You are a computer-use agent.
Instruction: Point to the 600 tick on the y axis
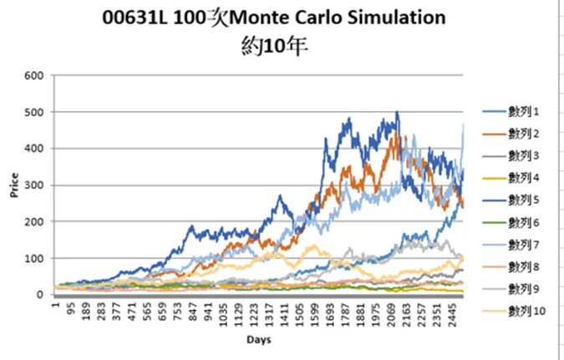pos(34,75)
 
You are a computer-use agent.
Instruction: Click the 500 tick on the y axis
pos(34,112)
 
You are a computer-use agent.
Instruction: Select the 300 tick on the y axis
pos(34,185)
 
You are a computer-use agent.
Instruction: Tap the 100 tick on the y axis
pos(34,258)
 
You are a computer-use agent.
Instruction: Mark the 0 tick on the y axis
pos(40,295)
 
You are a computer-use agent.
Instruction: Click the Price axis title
pos(14,185)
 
